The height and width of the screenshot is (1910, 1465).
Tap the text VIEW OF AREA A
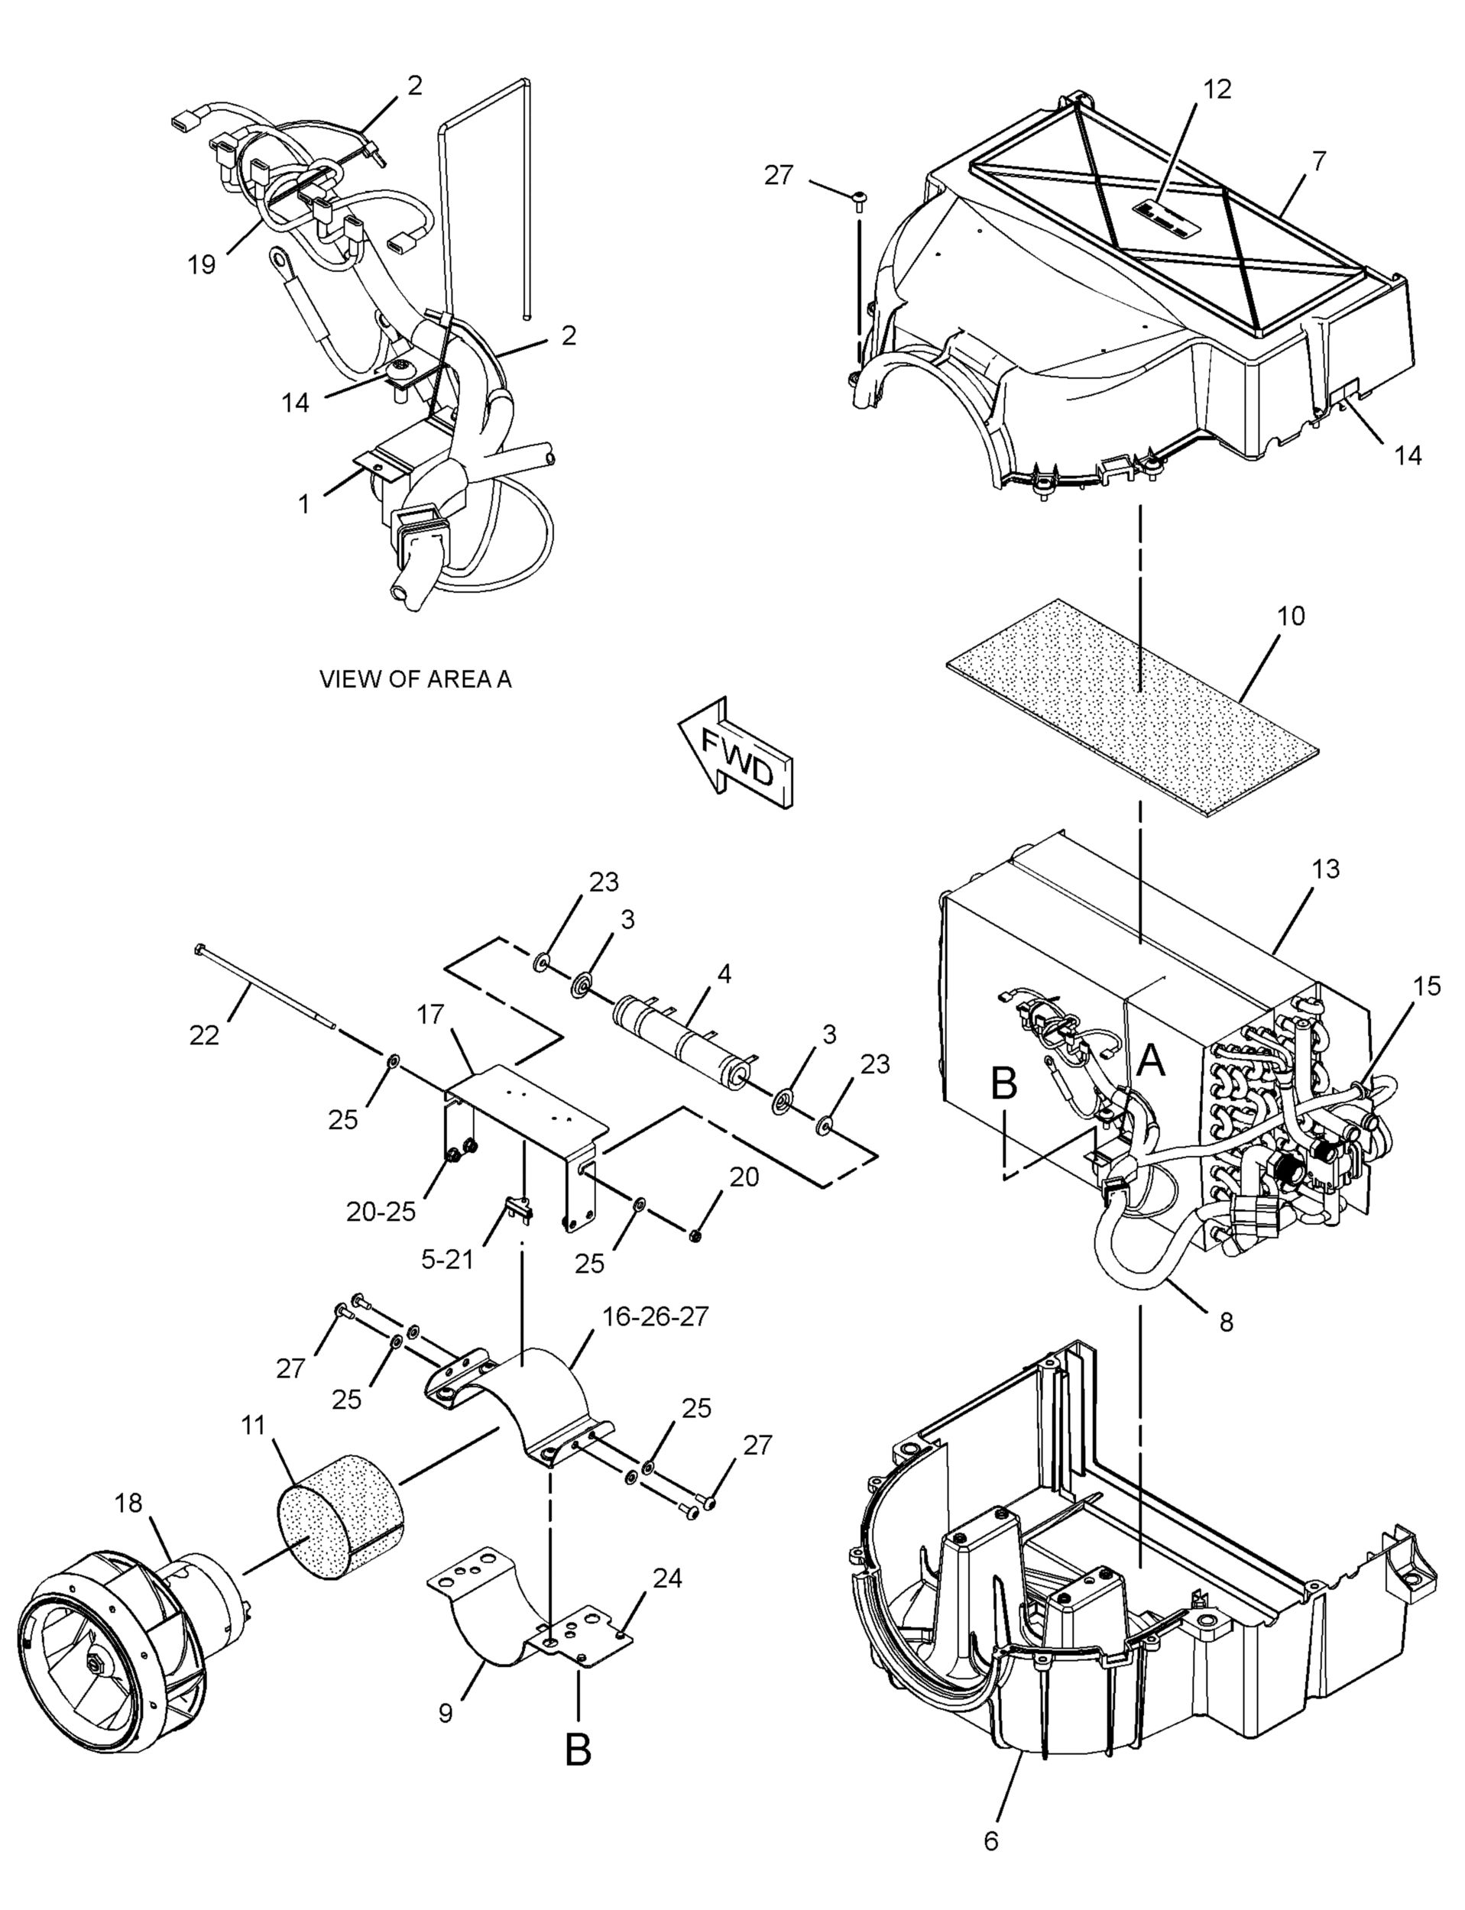tap(415, 679)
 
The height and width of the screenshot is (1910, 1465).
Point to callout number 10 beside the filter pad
tap(1291, 617)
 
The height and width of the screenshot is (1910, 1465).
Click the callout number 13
tap(1324, 869)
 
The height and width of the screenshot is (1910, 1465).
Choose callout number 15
tap(1428, 986)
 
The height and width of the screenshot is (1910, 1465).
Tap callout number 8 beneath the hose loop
tap(1226, 1322)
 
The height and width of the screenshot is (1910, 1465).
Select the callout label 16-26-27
tap(656, 1316)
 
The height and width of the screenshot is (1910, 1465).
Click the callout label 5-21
tap(447, 1259)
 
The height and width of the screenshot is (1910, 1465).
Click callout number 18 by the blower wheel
tap(128, 1503)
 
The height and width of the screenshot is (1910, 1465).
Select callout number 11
tap(253, 1426)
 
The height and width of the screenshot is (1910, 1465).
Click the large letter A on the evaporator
tap(1152, 1061)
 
